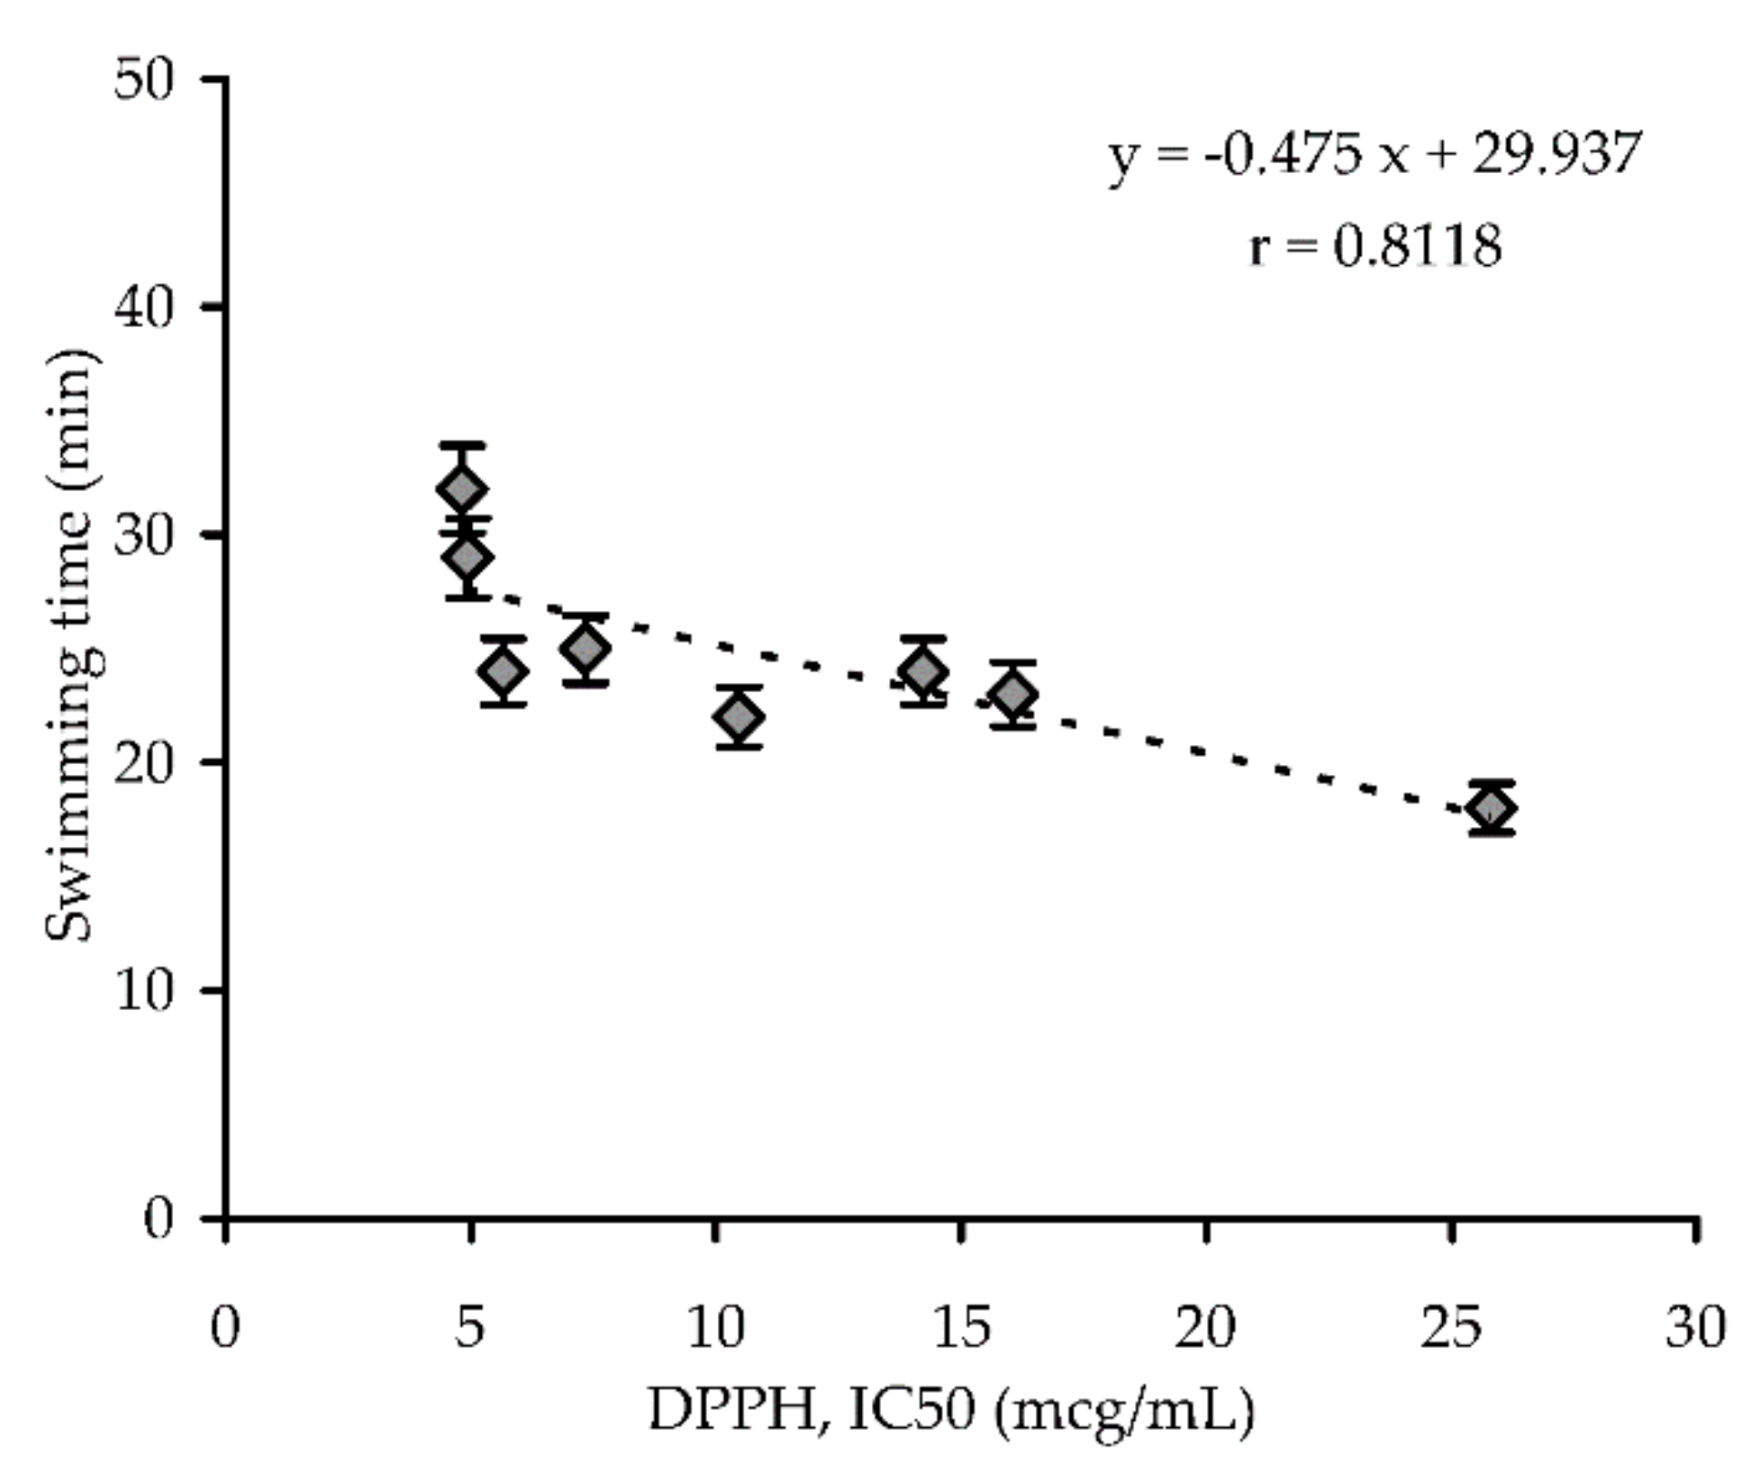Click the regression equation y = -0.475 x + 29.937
coord(1374,155)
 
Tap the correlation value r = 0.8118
coord(1374,246)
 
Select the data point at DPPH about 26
coord(1491,807)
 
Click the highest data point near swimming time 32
coord(462,489)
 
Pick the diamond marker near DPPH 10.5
coord(739,717)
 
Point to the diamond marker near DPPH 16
coord(1013,694)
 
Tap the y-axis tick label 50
coord(143,80)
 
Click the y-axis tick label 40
coord(143,308)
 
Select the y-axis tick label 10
coord(143,991)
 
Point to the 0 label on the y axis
coord(159,1219)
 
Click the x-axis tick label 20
coord(1204,1328)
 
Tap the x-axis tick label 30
coord(1695,1328)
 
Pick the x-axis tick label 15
coord(961,1328)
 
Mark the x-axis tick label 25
coord(1450,1328)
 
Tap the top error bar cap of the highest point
coord(462,445)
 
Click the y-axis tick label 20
coord(143,763)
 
